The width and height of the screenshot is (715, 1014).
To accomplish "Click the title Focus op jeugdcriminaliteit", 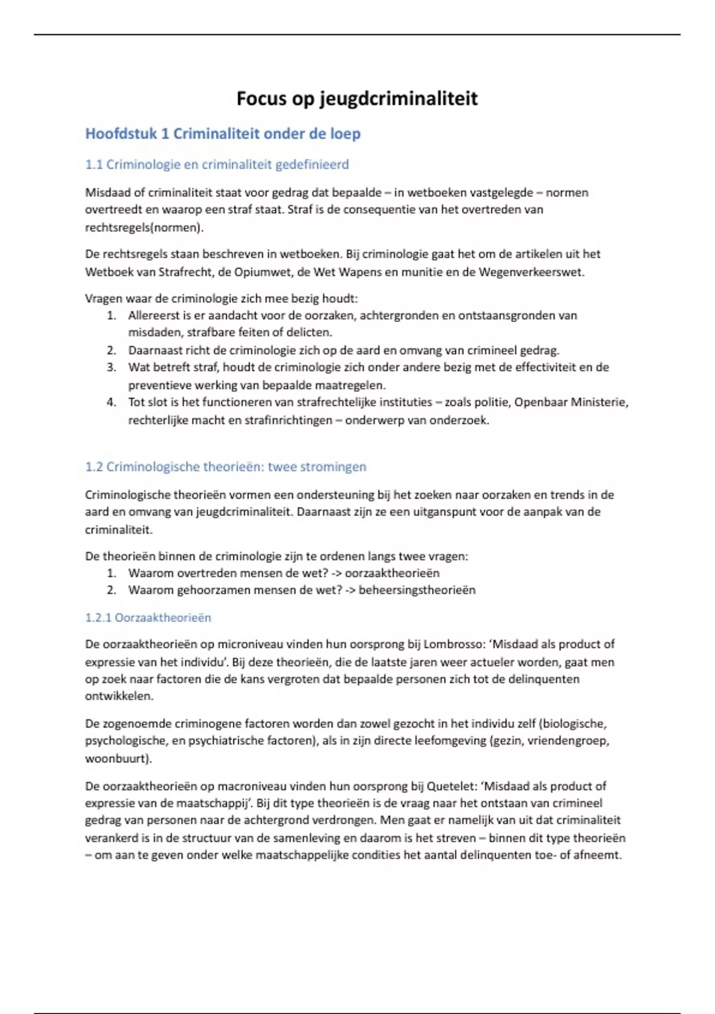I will point(357,98).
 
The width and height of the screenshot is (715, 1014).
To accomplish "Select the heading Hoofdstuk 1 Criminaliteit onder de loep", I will point(223,134).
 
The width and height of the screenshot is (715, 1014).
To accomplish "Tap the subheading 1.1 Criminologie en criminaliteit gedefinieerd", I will point(217,165).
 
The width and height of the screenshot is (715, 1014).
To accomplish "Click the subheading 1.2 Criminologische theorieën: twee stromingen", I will point(225,467).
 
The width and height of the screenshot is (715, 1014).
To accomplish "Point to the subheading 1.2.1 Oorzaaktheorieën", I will point(148,618).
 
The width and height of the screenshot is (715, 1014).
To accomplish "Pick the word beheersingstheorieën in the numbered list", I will point(417,591).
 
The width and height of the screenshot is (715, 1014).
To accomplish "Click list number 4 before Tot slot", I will point(111,403).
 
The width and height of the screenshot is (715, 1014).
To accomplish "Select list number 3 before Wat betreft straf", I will point(111,367).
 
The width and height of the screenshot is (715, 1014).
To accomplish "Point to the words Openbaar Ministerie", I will point(571,403).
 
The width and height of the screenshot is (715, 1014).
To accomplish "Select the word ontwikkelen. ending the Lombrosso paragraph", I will point(119,696).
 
